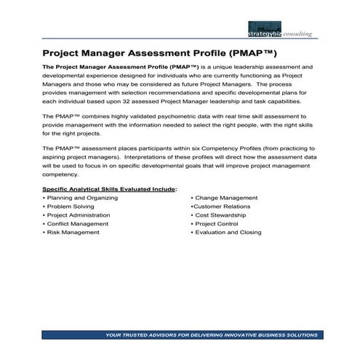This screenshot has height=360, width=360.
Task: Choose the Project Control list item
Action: pyautogui.click(x=219, y=224)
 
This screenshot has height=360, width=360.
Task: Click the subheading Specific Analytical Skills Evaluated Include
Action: pyautogui.click(x=110, y=188)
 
